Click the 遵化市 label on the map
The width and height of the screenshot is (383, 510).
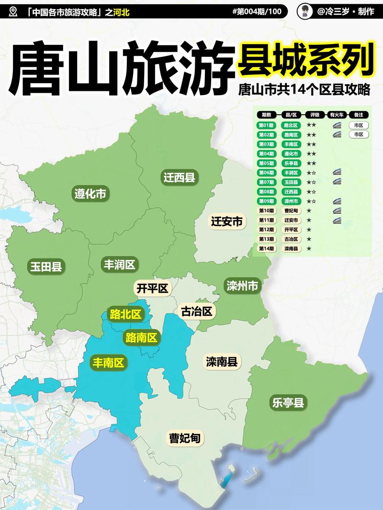(x=90, y=193)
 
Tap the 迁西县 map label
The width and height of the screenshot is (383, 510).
(x=179, y=178)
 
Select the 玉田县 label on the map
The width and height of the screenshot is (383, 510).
(x=45, y=266)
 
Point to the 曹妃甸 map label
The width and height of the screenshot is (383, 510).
(x=184, y=438)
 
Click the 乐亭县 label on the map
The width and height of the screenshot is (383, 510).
(x=287, y=402)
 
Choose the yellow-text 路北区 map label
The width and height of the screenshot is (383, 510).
(x=125, y=314)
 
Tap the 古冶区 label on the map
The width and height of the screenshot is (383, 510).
(x=196, y=312)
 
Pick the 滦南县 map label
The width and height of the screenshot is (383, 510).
(x=222, y=361)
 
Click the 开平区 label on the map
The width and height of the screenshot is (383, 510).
(x=152, y=288)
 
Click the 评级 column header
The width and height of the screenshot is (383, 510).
(x=315, y=115)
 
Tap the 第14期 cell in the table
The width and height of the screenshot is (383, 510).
(x=266, y=249)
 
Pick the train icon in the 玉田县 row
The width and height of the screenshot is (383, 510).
(x=337, y=182)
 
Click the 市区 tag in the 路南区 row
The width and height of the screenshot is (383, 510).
(x=359, y=135)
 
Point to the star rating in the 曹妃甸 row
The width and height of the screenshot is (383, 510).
(x=309, y=211)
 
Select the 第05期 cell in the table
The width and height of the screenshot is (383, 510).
(x=266, y=163)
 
